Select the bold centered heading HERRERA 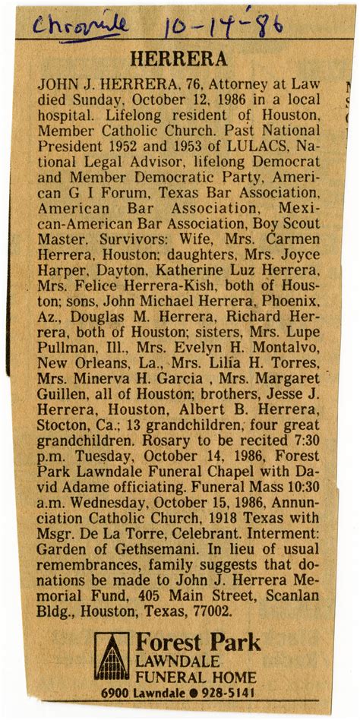pos(178,59)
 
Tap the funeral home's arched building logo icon pos(111,657)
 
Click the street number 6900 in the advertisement pos(118,693)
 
